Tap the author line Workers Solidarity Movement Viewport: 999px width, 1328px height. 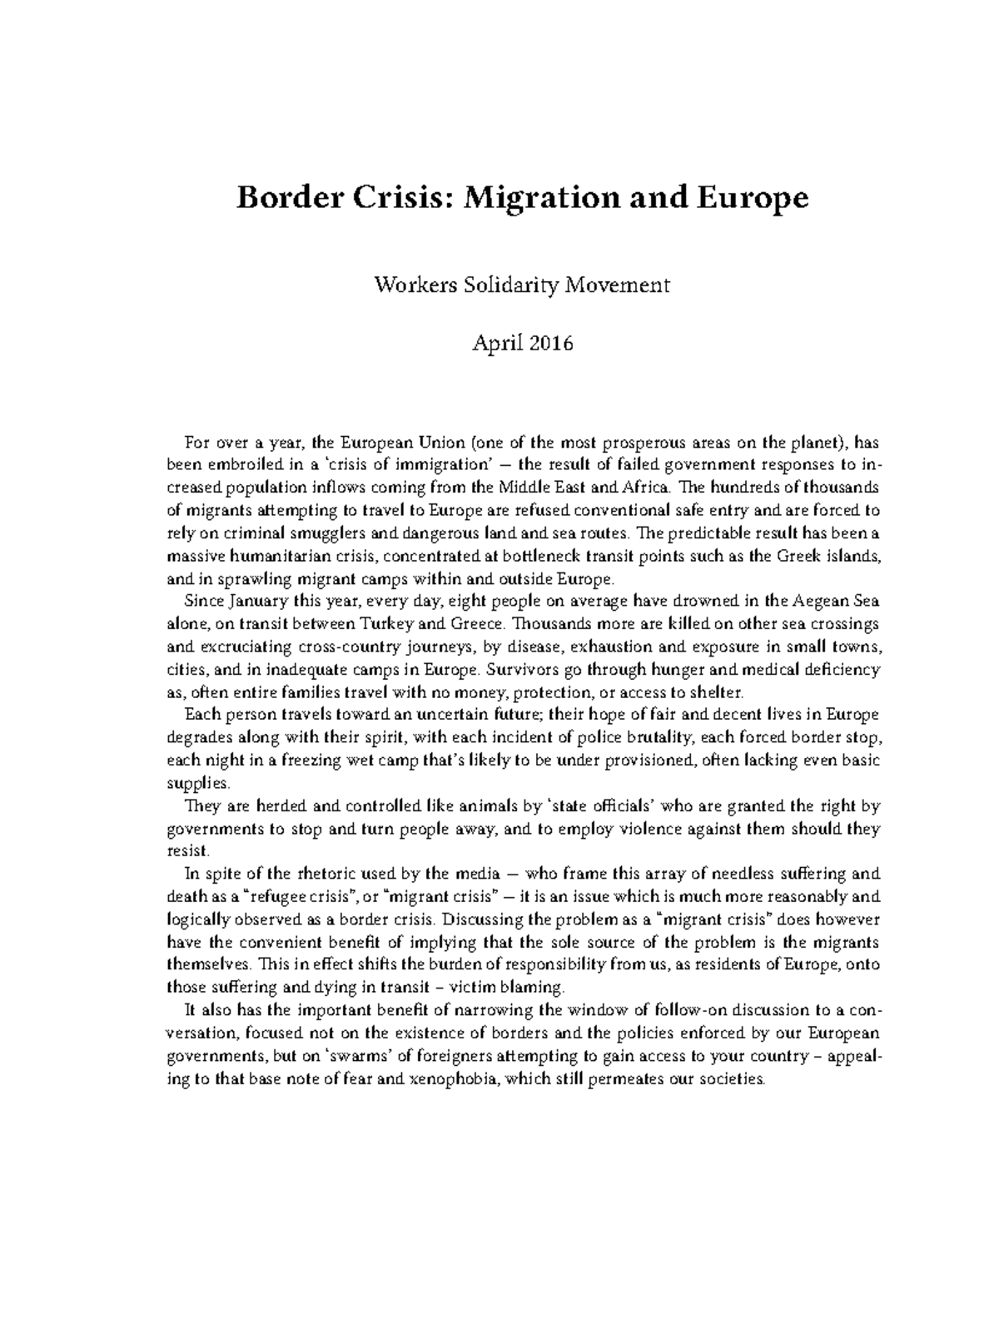(522, 286)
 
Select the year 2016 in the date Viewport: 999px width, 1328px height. (549, 343)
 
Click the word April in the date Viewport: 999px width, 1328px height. (495, 343)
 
